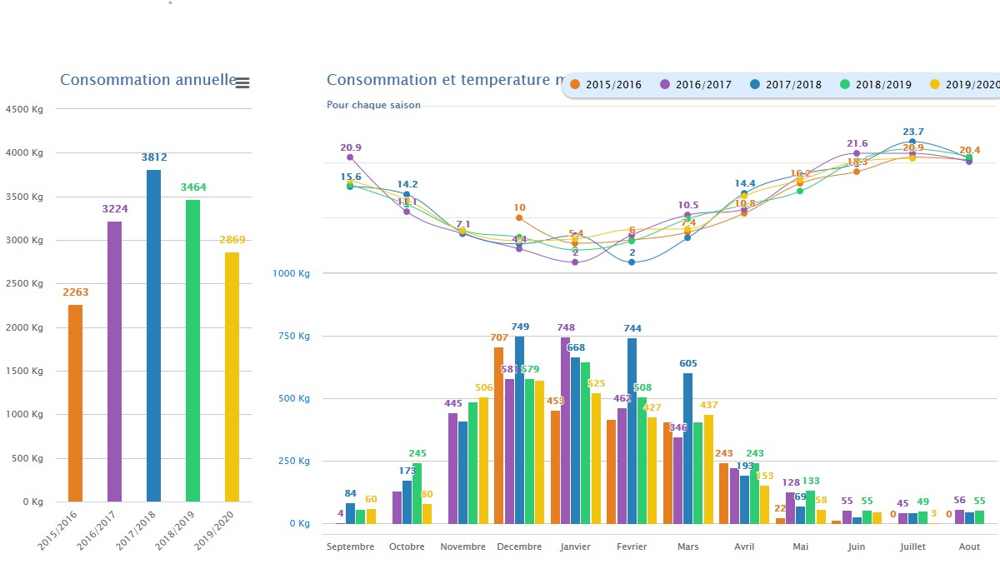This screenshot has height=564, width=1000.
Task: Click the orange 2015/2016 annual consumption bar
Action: coord(75,403)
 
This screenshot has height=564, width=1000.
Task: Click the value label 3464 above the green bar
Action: coord(192,187)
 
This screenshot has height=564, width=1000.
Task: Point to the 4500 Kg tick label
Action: coord(24,109)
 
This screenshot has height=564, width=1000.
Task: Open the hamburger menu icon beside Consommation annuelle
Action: coord(242,82)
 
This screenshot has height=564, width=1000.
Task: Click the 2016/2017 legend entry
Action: coord(697,84)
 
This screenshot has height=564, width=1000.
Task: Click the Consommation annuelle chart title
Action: coord(148,80)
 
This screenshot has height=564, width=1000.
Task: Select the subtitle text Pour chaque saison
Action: coord(373,105)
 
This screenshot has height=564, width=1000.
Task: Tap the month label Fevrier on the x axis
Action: coord(632,547)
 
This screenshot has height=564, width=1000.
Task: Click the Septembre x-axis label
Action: coord(350,547)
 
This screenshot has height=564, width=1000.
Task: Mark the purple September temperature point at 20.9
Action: coord(350,157)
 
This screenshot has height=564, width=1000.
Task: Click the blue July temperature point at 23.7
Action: coord(912,142)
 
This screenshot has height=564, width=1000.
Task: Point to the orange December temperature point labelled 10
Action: coord(519,218)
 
